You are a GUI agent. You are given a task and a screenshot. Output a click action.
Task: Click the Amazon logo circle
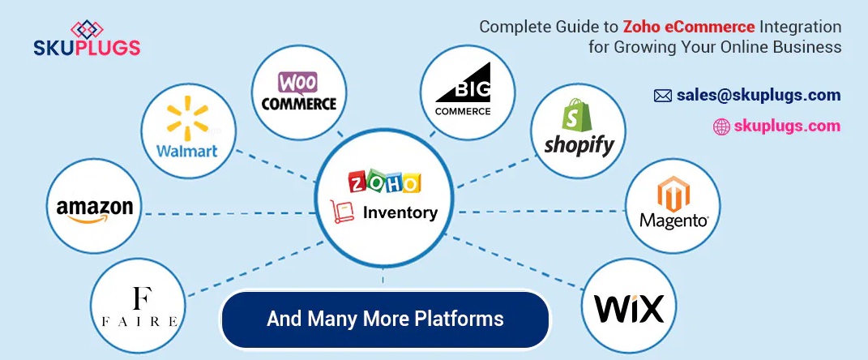click(x=95, y=207)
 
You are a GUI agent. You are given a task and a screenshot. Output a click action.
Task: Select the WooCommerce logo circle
click(x=298, y=91)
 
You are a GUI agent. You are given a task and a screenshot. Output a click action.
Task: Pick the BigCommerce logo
click(x=462, y=91)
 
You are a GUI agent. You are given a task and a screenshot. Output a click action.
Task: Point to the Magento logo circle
click(x=674, y=206)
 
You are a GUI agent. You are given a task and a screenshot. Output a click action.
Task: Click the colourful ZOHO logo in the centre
click(x=384, y=182)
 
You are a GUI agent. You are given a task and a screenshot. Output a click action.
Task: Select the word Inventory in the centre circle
click(x=400, y=213)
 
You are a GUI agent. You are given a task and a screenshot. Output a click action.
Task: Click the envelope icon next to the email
click(x=662, y=96)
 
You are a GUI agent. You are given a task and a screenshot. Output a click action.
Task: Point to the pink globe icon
click(x=721, y=126)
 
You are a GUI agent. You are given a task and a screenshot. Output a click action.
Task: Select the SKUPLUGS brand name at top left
click(x=87, y=49)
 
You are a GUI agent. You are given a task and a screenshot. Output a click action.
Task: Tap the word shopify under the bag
click(x=579, y=144)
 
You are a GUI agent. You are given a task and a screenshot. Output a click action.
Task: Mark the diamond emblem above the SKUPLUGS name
click(x=88, y=28)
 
